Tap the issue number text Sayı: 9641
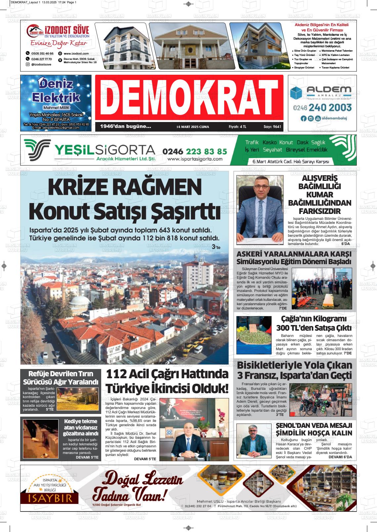tap(272, 127)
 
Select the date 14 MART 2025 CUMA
tap(193, 127)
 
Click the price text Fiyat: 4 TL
tap(238, 127)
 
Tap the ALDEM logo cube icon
tap(297, 93)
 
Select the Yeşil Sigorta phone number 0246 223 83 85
tap(195, 151)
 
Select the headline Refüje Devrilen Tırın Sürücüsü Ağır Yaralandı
tap(61, 378)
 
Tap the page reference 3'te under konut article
tap(216, 247)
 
